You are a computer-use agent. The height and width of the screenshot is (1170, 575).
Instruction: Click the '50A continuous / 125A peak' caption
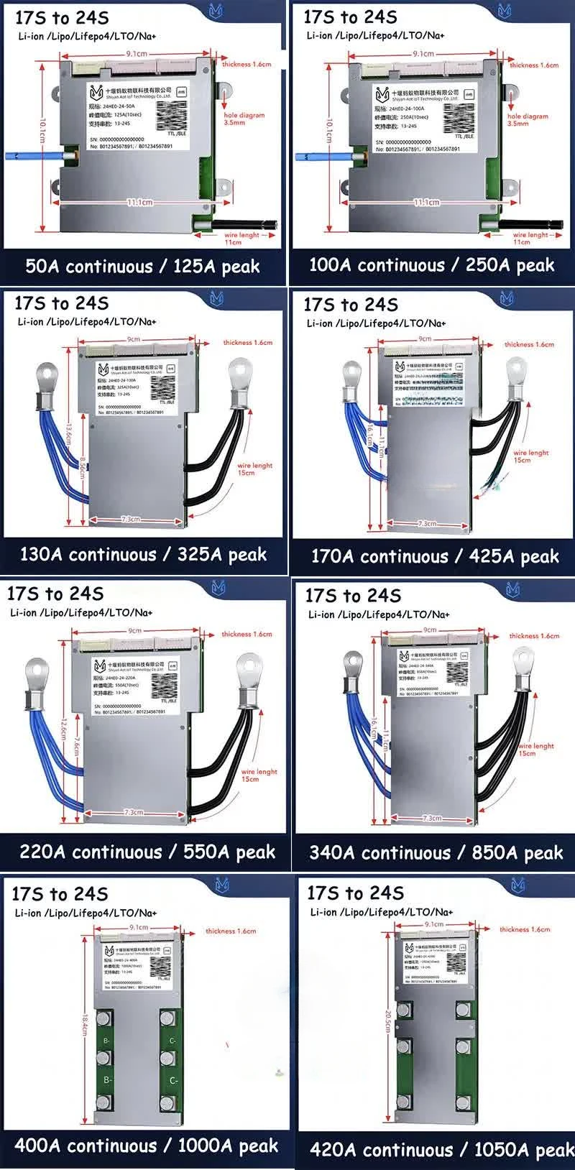(x=142, y=267)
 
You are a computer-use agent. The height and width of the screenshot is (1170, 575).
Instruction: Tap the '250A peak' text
(x=510, y=265)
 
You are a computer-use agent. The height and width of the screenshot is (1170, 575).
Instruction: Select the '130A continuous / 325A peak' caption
(x=143, y=555)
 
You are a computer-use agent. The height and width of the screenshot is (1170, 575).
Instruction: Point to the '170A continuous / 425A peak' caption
(x=434, y=556)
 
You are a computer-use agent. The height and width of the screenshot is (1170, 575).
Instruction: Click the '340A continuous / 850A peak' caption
(x=436, y=853)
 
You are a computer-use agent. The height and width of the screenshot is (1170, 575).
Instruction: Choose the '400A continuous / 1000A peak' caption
(x=146, y=1146)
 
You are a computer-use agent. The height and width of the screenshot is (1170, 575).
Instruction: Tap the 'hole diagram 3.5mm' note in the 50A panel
(x=244, y=119)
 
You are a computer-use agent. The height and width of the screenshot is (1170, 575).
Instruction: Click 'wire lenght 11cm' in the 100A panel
(x=530, y=238)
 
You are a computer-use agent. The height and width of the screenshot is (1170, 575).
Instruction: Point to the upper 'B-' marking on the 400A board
(x=106, y=1041)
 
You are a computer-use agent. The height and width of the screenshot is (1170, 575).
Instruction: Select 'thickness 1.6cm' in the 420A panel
(x=525, y=929)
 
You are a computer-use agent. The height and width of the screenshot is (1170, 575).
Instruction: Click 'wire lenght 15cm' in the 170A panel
(x=530, y=456)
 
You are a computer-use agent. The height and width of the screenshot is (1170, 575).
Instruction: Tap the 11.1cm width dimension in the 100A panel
(x=425, y=203)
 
